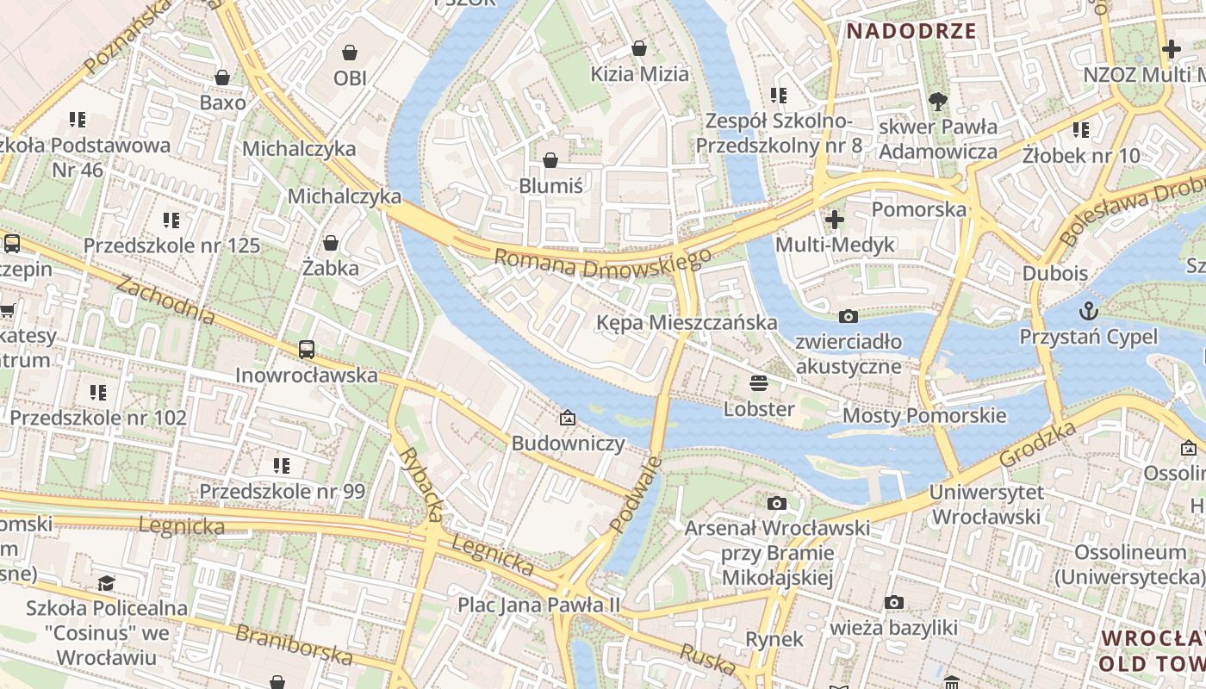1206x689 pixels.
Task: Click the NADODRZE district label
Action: click(911, 32)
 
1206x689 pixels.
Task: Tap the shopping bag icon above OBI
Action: click(350, 52)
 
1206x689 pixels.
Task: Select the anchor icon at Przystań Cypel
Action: click(1089, 310)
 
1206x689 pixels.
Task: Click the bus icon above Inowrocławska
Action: click(307, 349)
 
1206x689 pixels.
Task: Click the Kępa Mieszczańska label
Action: click(687, 323)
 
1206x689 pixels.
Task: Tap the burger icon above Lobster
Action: click(759, 382)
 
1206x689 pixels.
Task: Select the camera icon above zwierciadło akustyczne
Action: click(849, 316)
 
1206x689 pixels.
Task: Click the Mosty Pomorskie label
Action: click(924, 416)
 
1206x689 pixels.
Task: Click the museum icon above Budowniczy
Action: click(568, 418)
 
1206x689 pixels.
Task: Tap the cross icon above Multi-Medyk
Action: click(835, 220)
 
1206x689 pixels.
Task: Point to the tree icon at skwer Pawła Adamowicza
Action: click(938, 102)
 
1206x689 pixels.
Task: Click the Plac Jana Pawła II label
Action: click(538, 605)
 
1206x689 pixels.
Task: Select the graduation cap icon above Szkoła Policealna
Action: click(106, 583)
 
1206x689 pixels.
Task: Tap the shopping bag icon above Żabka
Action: click(331, 243)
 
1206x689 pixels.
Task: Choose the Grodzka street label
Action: click(1038, 444)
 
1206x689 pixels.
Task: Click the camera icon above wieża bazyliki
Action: click(894, 602)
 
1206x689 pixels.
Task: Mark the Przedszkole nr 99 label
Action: click(283, 492)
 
